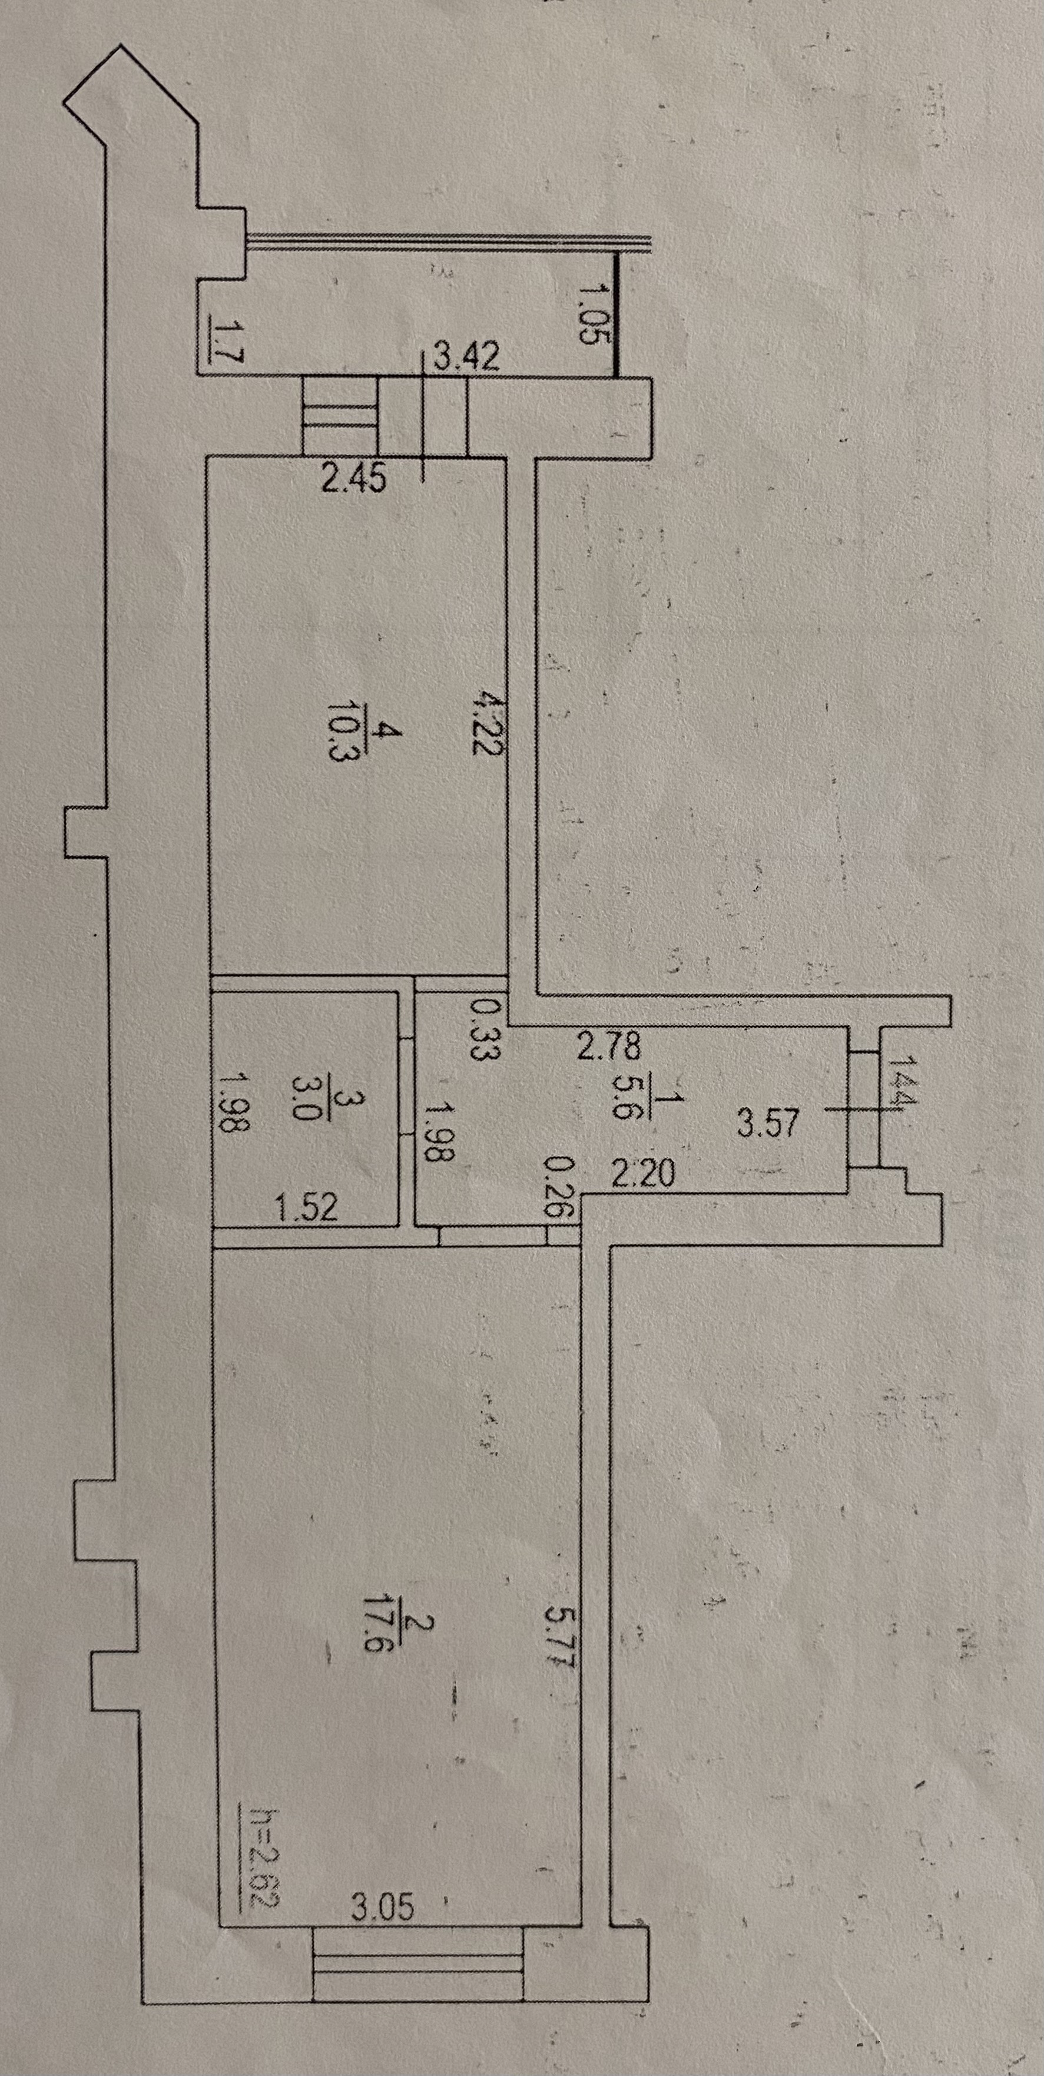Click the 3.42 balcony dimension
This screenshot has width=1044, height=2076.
tap(466, 357)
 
